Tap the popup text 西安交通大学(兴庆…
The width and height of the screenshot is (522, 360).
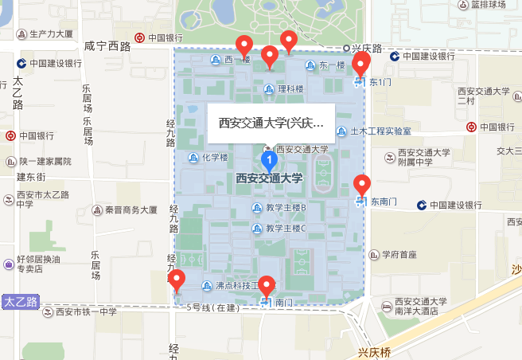pyautogui.click(x=271, y=123)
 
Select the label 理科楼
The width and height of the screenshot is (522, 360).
pyautogui.click(x=290, y=89)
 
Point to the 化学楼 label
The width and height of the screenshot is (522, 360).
pyautogui.click(x=215, y=157)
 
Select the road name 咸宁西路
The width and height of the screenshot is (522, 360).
pyautogui.click(x=107, y=46)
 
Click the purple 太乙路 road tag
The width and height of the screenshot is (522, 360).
pyautogui.click(x=21, y=302)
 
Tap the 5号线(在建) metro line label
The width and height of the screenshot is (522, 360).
pyautogui.click(x=213, y=307)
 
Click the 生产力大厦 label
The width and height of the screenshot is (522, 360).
pyautogui.click(x=51, y=34)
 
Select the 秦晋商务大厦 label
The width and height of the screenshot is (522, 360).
pyautogui.click(x=133, y=211)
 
